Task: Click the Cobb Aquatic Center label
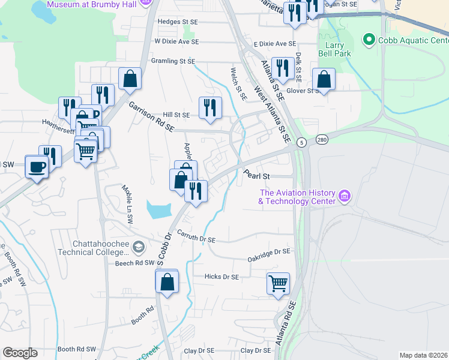412,40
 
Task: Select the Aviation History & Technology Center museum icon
344,196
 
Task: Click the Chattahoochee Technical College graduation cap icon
139,247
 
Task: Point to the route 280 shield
323,139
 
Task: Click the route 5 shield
301,142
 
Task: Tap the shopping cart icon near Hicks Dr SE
278,283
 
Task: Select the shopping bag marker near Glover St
324,79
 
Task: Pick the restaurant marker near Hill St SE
210,108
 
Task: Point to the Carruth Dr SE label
196,239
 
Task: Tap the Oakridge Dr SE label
269,255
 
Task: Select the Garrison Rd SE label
151,116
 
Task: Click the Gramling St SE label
173,61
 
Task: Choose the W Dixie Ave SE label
176,42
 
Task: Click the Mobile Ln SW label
128,204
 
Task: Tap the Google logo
20,353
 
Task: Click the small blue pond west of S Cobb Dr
157,209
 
